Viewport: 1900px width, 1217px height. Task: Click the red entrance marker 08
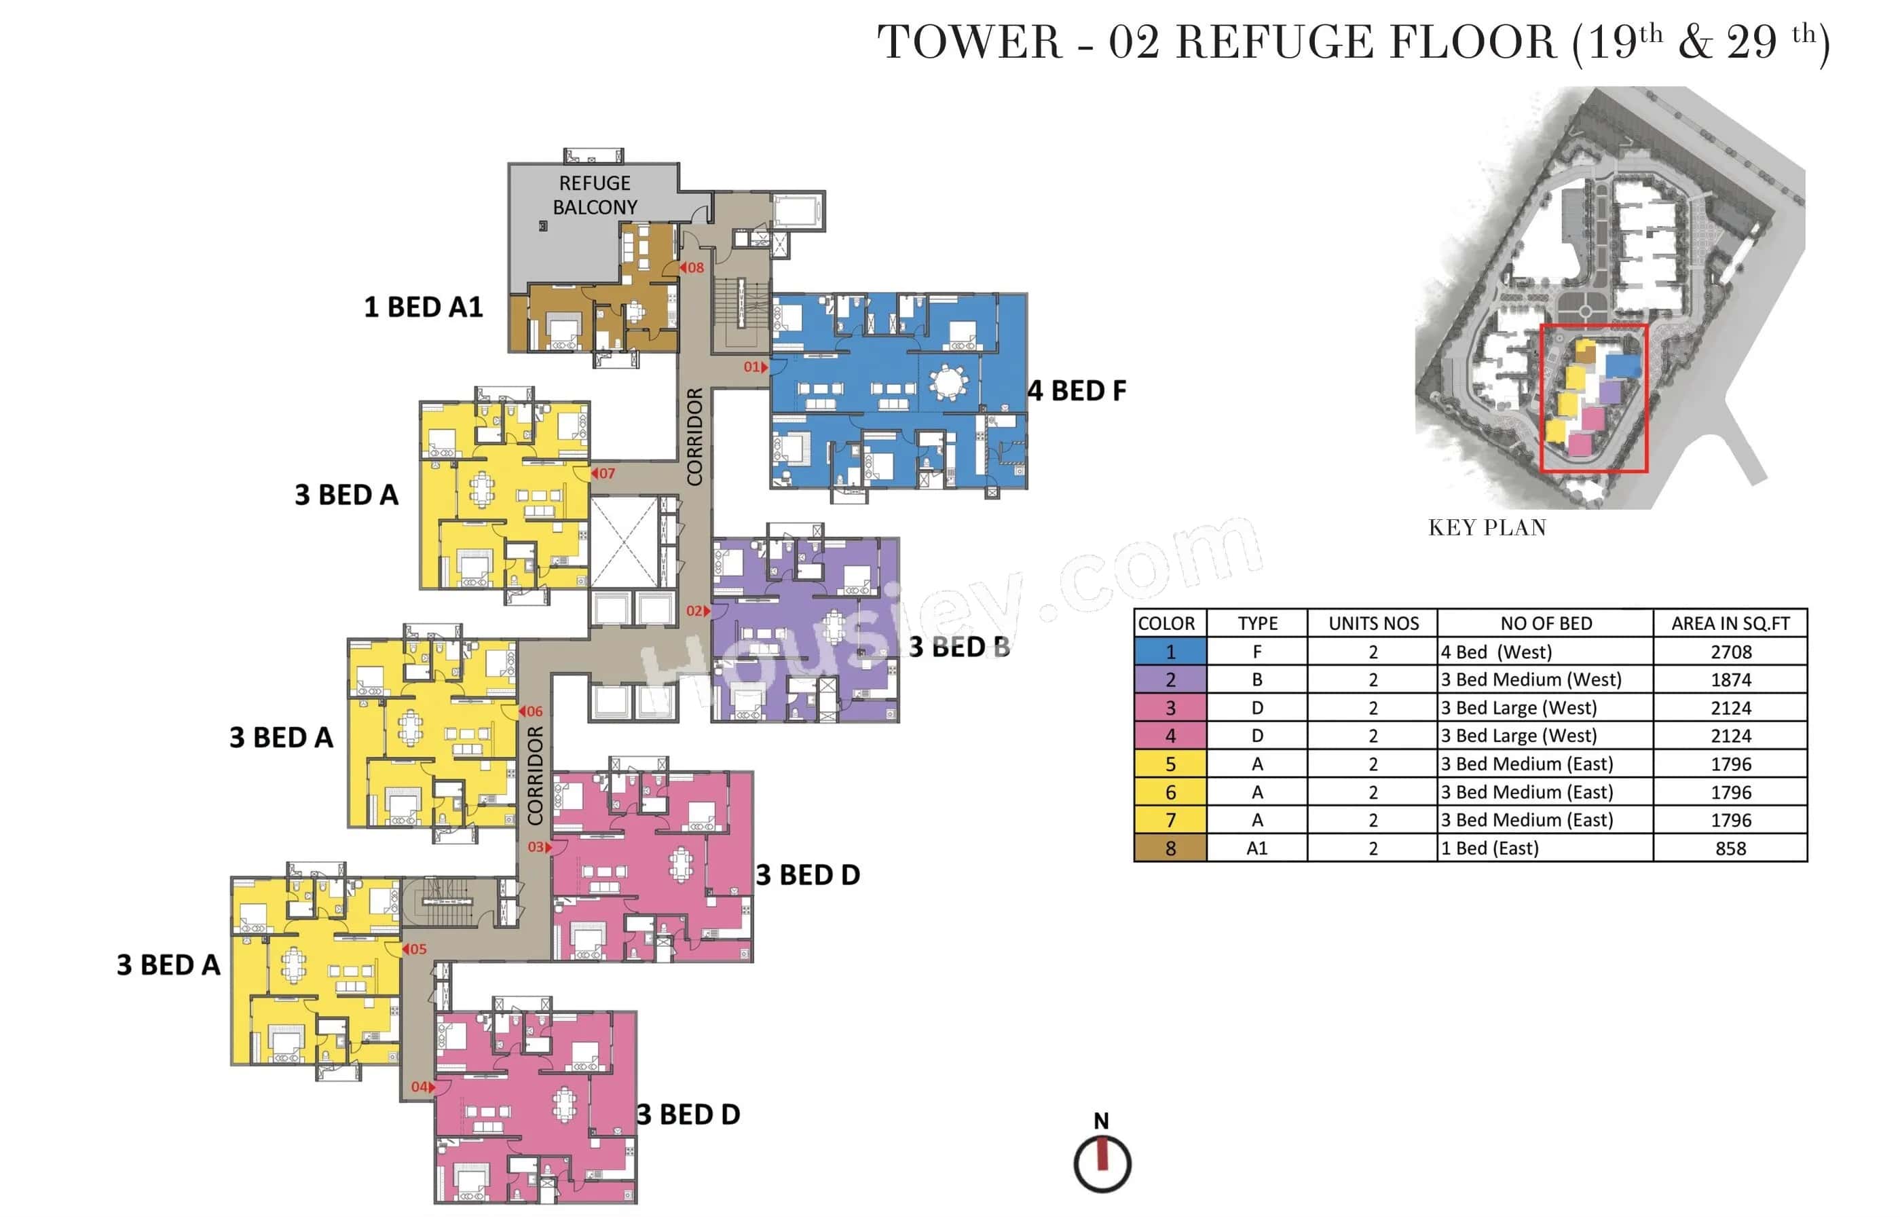pyautogui.click(x=692, y=268)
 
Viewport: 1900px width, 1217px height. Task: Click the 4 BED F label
pyautogui.click(x=1077, y=391)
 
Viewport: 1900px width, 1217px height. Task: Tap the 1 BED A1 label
pyautogui.click(x=423, y=307)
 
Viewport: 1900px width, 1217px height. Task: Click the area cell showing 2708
pyautogui.click(x=1730, y=652)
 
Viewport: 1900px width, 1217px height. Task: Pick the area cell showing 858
pyautogui.click(x=1730, y=848)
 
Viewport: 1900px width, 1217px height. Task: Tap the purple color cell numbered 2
pyautogui.click(x=1170, y=679)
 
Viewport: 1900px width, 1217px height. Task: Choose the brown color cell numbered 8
pyautogui.click(x=1170, y=848)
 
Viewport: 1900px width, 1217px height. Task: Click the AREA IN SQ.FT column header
pyautogui.click(x=1730, y=624)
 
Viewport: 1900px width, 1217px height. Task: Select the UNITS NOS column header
pyautogui.click(x=1373, y=624)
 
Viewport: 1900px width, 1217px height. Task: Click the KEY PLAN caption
pyautogui.click(x=1487, y=528)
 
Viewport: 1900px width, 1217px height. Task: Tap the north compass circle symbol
pyautogui.click(x=1102, y=1163)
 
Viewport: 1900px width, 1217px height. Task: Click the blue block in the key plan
pyautogui.click(x=1622, y=366)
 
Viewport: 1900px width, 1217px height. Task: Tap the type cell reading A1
pyautogui.click(x=1256, y=848)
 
